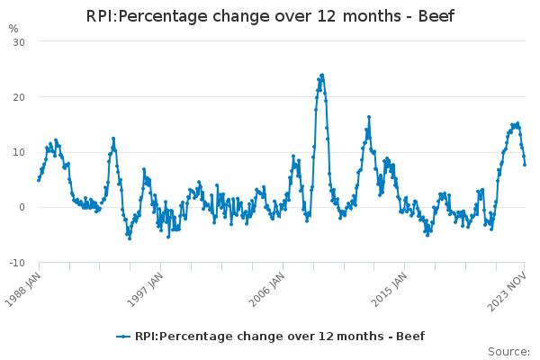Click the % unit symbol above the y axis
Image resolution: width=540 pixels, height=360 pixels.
click(13, 29)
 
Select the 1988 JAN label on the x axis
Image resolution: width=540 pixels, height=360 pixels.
click(24, 286)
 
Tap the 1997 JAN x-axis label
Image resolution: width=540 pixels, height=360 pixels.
click(146, 286)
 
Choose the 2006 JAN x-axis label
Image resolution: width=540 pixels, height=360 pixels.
click(267, 286)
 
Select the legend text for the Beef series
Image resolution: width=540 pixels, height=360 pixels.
click(279, 337)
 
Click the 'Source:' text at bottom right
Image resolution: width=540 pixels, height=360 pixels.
click(508, 351)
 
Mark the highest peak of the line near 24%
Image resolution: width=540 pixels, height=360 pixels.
click(321, 76)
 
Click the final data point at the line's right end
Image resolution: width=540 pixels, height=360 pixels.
click(525, 164)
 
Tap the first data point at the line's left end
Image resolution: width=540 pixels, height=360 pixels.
click(39, 179)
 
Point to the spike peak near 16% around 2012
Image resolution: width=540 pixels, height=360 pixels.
click(368, 117)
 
